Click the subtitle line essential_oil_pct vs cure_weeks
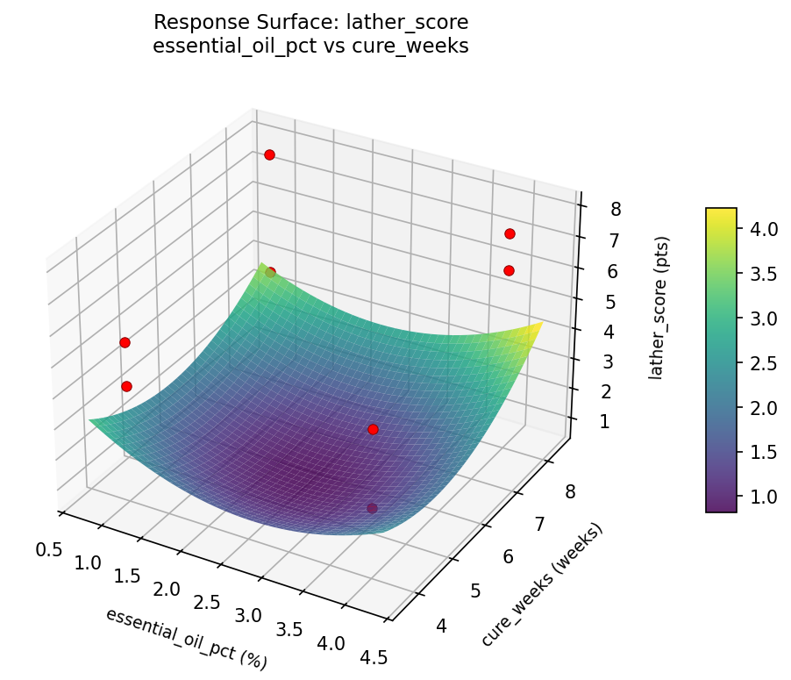[x=310, y=47]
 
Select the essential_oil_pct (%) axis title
[x=186, y=638]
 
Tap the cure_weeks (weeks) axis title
[x=542, y=585]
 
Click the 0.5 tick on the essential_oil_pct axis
[x=48, y=549]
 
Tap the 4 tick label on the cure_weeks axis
[x=440, y=626]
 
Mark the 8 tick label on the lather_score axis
[x=616, y=209]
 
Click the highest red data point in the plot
[x=269, y=154]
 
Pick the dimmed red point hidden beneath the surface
[x=373, y=508]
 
